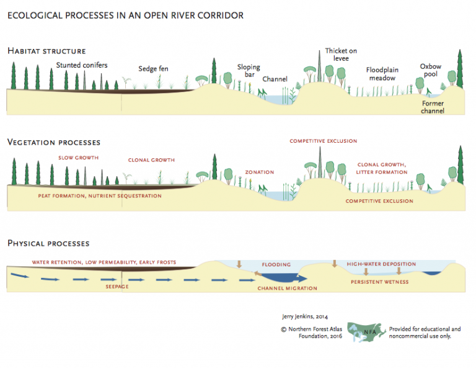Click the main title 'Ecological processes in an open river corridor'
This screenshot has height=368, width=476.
coord(125,14)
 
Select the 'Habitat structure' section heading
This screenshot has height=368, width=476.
coord(46,51)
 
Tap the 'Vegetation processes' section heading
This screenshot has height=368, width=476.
coord(54,143)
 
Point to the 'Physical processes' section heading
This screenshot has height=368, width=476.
coord(48,243)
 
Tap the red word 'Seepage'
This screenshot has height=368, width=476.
coord(116,287)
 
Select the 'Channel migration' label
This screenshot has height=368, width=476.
coord(287,288)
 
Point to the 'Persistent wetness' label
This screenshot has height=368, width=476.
coord(379,282)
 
